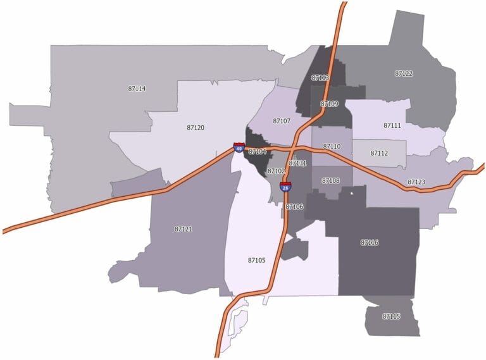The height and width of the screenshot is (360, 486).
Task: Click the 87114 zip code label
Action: tap(137, 89)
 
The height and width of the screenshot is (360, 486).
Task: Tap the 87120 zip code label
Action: tap(196, 128)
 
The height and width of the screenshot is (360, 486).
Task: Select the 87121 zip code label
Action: tap(183, 229)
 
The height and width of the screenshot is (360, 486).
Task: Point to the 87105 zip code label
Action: tap(256, 260)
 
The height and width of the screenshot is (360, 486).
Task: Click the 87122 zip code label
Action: tap(404, 74)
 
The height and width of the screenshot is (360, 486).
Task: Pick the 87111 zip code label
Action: tap(392, 126)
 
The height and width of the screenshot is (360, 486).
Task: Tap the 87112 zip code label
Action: tap(379, 153)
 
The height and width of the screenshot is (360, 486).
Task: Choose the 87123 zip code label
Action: tap(416, 182)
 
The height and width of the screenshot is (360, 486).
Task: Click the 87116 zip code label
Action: tap(370, 242)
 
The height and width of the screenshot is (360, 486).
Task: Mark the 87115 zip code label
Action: tap(391, 316)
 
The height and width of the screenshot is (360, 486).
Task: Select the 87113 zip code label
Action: tap(320, 78)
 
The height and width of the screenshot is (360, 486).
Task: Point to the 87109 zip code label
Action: tap(329, 104)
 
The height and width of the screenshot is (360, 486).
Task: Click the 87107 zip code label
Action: tap(282, 121)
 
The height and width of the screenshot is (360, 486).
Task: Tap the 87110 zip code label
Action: tap(332, 147)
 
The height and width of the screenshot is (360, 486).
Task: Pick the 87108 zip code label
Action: tap(330, 181)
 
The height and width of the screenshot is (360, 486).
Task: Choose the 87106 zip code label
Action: tap(294, 207)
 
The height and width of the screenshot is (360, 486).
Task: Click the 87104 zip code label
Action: tap(258, 152)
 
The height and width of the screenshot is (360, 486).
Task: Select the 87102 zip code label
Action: tap(277, 171)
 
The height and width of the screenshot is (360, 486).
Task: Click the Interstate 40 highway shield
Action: tap(238, 147)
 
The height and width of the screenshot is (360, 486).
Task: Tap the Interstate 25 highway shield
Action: tap(286, 186)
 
